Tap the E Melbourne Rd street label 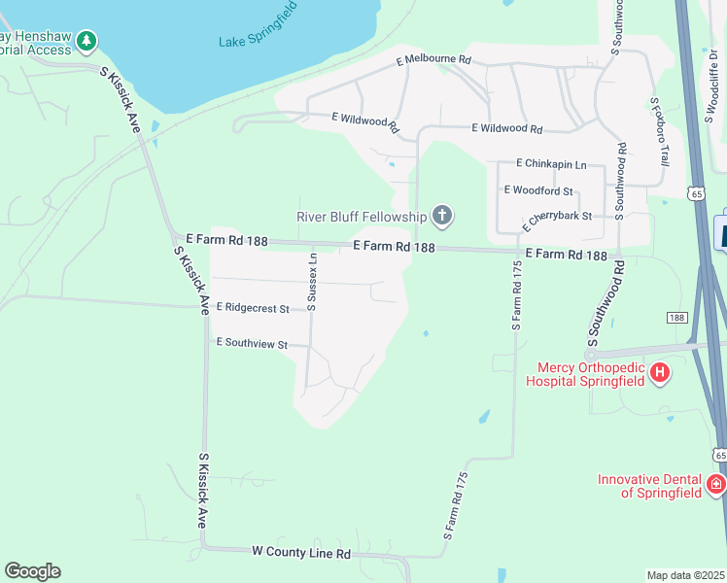coord(433,60)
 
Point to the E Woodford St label coord(538,191)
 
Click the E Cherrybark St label coord(557,216)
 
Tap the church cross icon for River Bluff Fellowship coord(442,216)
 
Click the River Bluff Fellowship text coord(362,216)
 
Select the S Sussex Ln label coord(312,282)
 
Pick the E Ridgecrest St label coord(253,308)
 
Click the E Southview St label coord(253,343)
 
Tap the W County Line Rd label coord(300,552)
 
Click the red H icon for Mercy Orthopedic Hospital coord(660,372)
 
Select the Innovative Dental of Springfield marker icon coord(716,484)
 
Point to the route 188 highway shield coord(677,318)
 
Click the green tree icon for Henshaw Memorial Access coord(87,41)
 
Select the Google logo coord(32,571)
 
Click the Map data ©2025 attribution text coord(685,575)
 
